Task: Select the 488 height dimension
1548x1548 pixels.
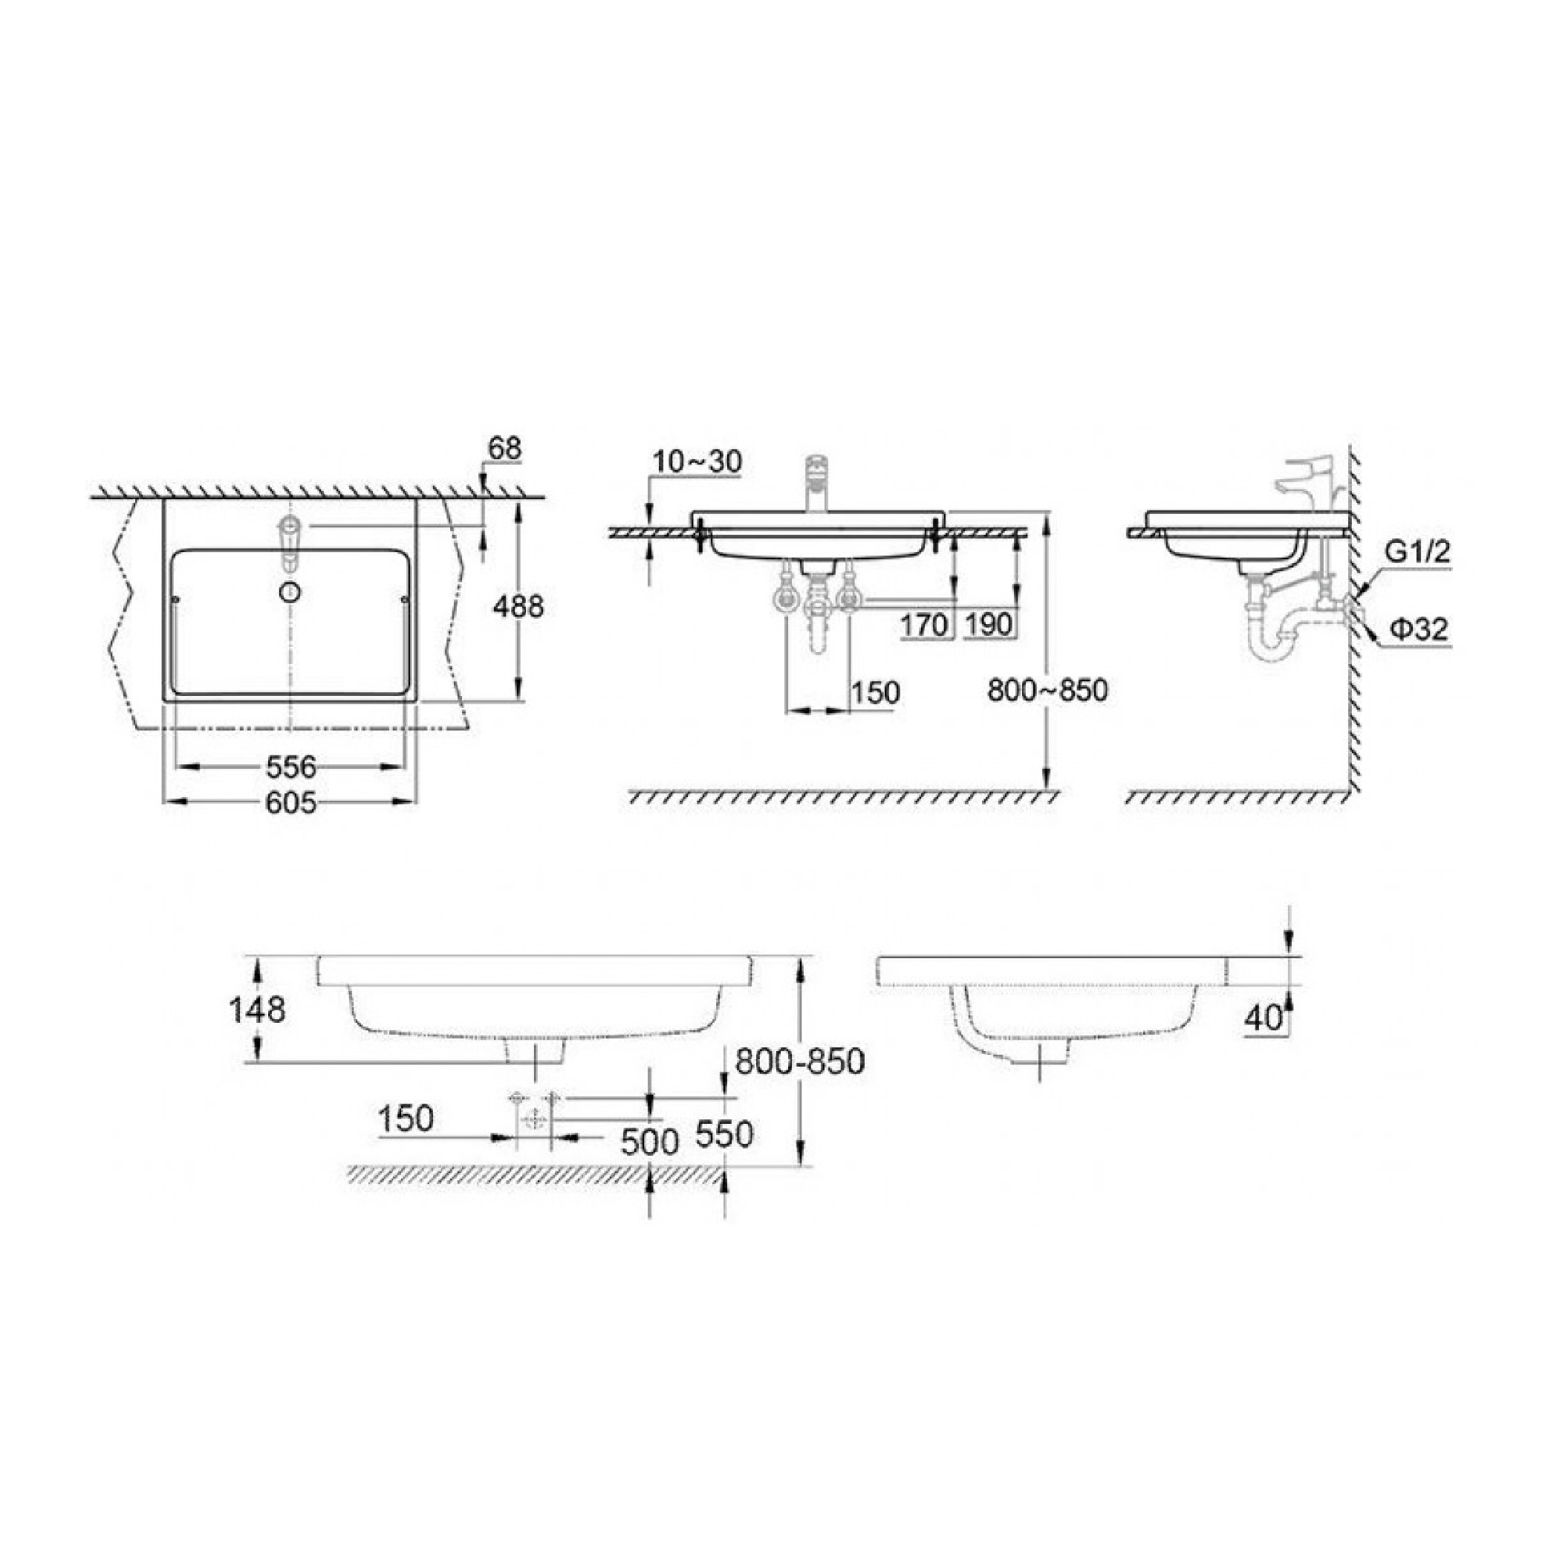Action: [518, 607]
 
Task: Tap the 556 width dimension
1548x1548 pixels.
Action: [291, 767]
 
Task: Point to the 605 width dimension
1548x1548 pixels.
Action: [291, 804]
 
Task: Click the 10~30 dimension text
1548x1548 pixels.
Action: [697, 461]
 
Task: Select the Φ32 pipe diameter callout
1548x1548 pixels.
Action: [1419, 630]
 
